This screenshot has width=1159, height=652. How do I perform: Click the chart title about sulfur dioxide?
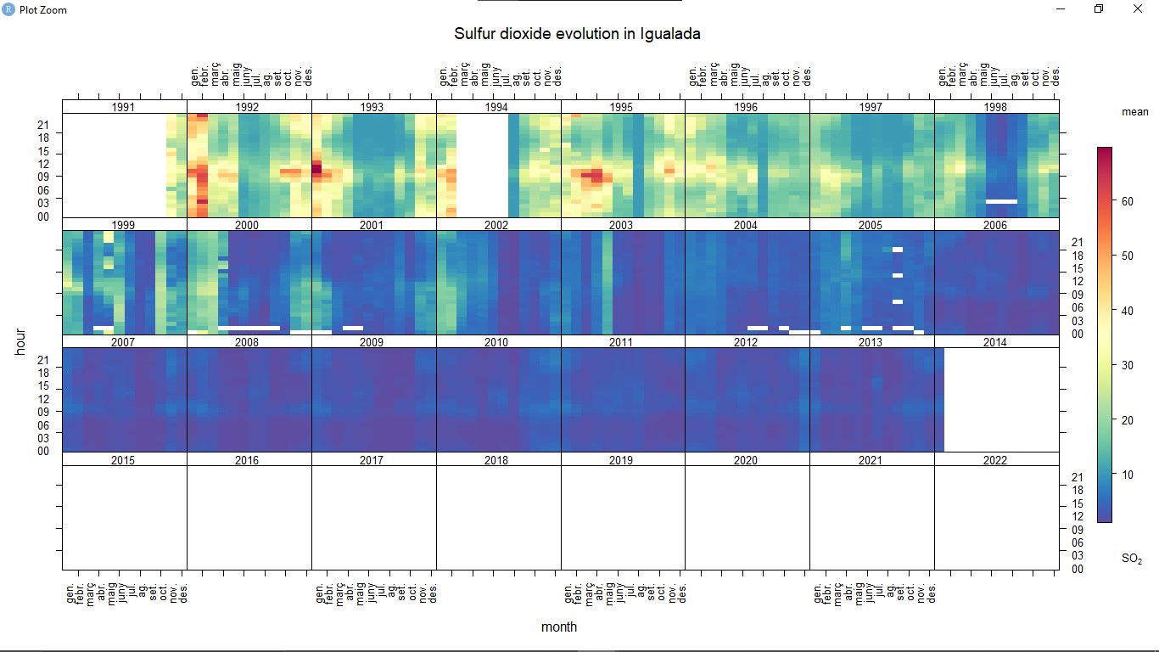tap(577, 34)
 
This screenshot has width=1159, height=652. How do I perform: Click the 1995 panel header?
tap(621, 108)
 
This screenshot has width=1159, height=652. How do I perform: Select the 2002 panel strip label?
tap(496, 226)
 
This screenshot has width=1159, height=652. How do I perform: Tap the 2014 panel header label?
tap(995, 343)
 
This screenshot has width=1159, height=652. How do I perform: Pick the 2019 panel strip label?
tap(621, 460)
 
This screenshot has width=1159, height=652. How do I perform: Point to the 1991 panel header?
tap(123, 108)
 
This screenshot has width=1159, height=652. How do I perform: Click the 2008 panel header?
tap(247, 343)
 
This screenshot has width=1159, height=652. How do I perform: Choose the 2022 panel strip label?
tap(995, 460)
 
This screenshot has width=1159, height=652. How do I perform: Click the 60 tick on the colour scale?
tap(1128, 201)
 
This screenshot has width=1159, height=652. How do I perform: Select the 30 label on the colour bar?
tap(1128, 366)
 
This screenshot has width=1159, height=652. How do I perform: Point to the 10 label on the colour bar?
tap(1128, 475)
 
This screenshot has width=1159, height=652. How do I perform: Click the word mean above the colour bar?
tap(1134, 112)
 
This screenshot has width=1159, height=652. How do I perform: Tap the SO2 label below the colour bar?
tap(1132, 559)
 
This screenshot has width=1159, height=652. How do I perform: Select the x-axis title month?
tap(559, 627)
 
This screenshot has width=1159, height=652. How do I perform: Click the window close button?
tap(1138, 9)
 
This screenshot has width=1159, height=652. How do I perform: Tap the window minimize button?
tap(1061, 9)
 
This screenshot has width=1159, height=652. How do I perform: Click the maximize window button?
tap(1099, 9)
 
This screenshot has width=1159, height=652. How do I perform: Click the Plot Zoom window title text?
tap(42, 10)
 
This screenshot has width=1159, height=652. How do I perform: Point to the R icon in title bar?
tap(8, 9)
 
